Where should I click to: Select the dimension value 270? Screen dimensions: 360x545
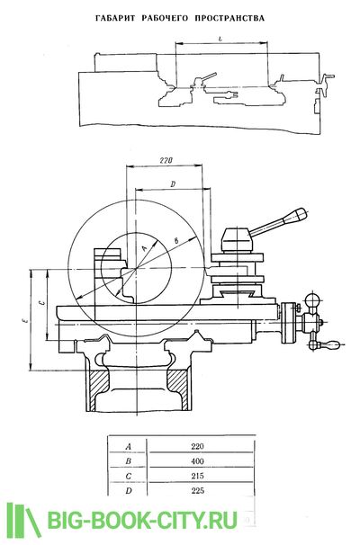166,161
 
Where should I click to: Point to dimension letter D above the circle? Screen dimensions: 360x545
173,184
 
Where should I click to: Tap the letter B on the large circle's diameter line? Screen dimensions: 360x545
176,240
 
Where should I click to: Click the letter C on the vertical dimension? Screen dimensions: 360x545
41,303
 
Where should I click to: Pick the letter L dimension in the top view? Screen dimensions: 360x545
220,40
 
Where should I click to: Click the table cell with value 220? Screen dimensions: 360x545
197,446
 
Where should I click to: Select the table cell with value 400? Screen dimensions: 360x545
197,461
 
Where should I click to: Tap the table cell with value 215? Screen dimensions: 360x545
197,476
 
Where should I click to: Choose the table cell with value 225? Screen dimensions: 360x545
197,491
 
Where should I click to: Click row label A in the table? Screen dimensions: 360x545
129,447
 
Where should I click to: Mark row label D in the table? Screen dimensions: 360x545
129,491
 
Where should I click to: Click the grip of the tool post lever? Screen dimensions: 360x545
295,216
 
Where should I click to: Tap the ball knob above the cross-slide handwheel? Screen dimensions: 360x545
312,299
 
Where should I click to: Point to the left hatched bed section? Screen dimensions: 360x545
97,389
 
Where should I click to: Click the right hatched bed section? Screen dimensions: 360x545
178,387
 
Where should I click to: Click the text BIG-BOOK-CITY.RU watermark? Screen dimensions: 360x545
142,521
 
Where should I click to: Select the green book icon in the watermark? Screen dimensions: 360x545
23,520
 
